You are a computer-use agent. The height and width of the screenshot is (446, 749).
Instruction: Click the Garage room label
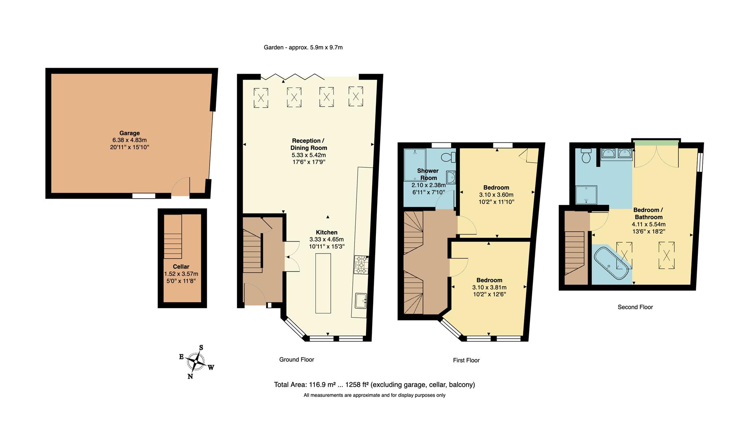[130, 133]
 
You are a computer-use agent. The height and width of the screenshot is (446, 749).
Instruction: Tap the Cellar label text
[181, 266]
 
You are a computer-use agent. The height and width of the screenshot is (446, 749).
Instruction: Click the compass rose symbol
[196, 362]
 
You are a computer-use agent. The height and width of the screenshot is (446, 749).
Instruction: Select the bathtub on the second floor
[611, 264]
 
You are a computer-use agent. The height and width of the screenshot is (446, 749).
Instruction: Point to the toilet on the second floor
[586, 157]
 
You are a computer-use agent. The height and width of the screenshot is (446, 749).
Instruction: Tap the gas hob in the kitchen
[360, 265]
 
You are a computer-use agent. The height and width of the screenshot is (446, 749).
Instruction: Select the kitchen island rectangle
[323, 283]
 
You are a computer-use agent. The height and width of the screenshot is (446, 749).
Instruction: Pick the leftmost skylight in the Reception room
[261, 98]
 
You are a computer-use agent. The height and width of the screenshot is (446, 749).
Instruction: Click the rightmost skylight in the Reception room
[356, 97]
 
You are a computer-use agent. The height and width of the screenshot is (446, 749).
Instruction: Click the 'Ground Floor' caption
[296, 359]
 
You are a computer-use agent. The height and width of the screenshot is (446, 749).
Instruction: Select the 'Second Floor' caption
[635, 307]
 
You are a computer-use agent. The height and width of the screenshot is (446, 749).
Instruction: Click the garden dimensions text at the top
[303, 47]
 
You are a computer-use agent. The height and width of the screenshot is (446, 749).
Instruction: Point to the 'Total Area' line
[374, 384]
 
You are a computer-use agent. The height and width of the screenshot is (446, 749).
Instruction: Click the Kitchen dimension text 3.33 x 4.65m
[326, 239]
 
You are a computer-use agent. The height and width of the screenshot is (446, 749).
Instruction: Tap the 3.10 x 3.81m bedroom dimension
[489, 287]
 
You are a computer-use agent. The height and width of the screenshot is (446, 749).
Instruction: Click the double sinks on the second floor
[617, 154]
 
